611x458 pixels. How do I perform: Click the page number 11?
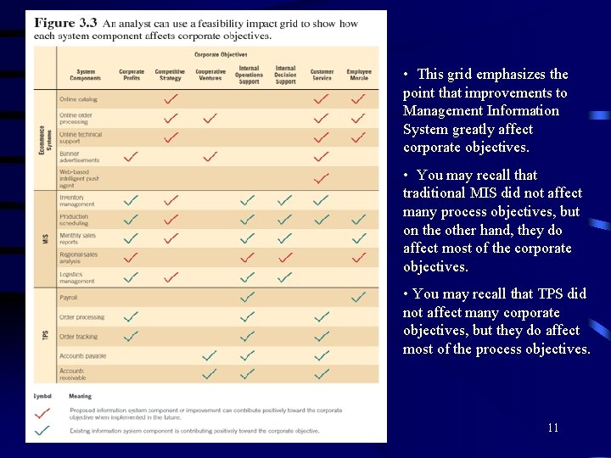pyautogui.click(x=552, y=427)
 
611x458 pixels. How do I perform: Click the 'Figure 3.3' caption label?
pyautogui.click(x=65, y=23)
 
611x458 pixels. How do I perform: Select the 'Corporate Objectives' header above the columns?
pyautogui.click(x=221, y=54)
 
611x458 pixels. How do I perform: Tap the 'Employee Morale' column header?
pyautogui.click(x=359, y=75)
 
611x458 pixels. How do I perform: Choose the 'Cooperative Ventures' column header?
pyautogui.click(x=210, y=75)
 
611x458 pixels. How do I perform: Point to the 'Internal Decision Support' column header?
pyautogui.click(x=285, y=75)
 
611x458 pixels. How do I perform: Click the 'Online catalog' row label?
pyautogui.click(x=78, y=99)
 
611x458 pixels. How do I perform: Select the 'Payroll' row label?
pyautogui.click(x=69, y=298)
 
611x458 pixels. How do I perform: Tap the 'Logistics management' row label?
pyautogui.click(x=77, y=277)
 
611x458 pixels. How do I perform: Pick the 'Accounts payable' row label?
pyautogui.click(x=82, y=356)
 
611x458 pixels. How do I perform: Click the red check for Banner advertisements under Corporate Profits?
pyautogui.click(x=132, y=157)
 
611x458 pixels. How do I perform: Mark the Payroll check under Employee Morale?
pyautogui.click(x=358, y=298)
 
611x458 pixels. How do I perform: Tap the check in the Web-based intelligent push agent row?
pyautogui.click(x=321, y=178)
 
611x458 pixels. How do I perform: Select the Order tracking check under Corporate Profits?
pyautogui.click(x=132, y=337)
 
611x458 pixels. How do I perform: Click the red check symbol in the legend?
pyautogui.click(x=42, y=413)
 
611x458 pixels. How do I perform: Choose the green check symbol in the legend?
pyautogui.click(x=42, y=430)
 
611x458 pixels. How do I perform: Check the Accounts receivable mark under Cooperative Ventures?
pyautogui.click(x=210, y=373)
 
